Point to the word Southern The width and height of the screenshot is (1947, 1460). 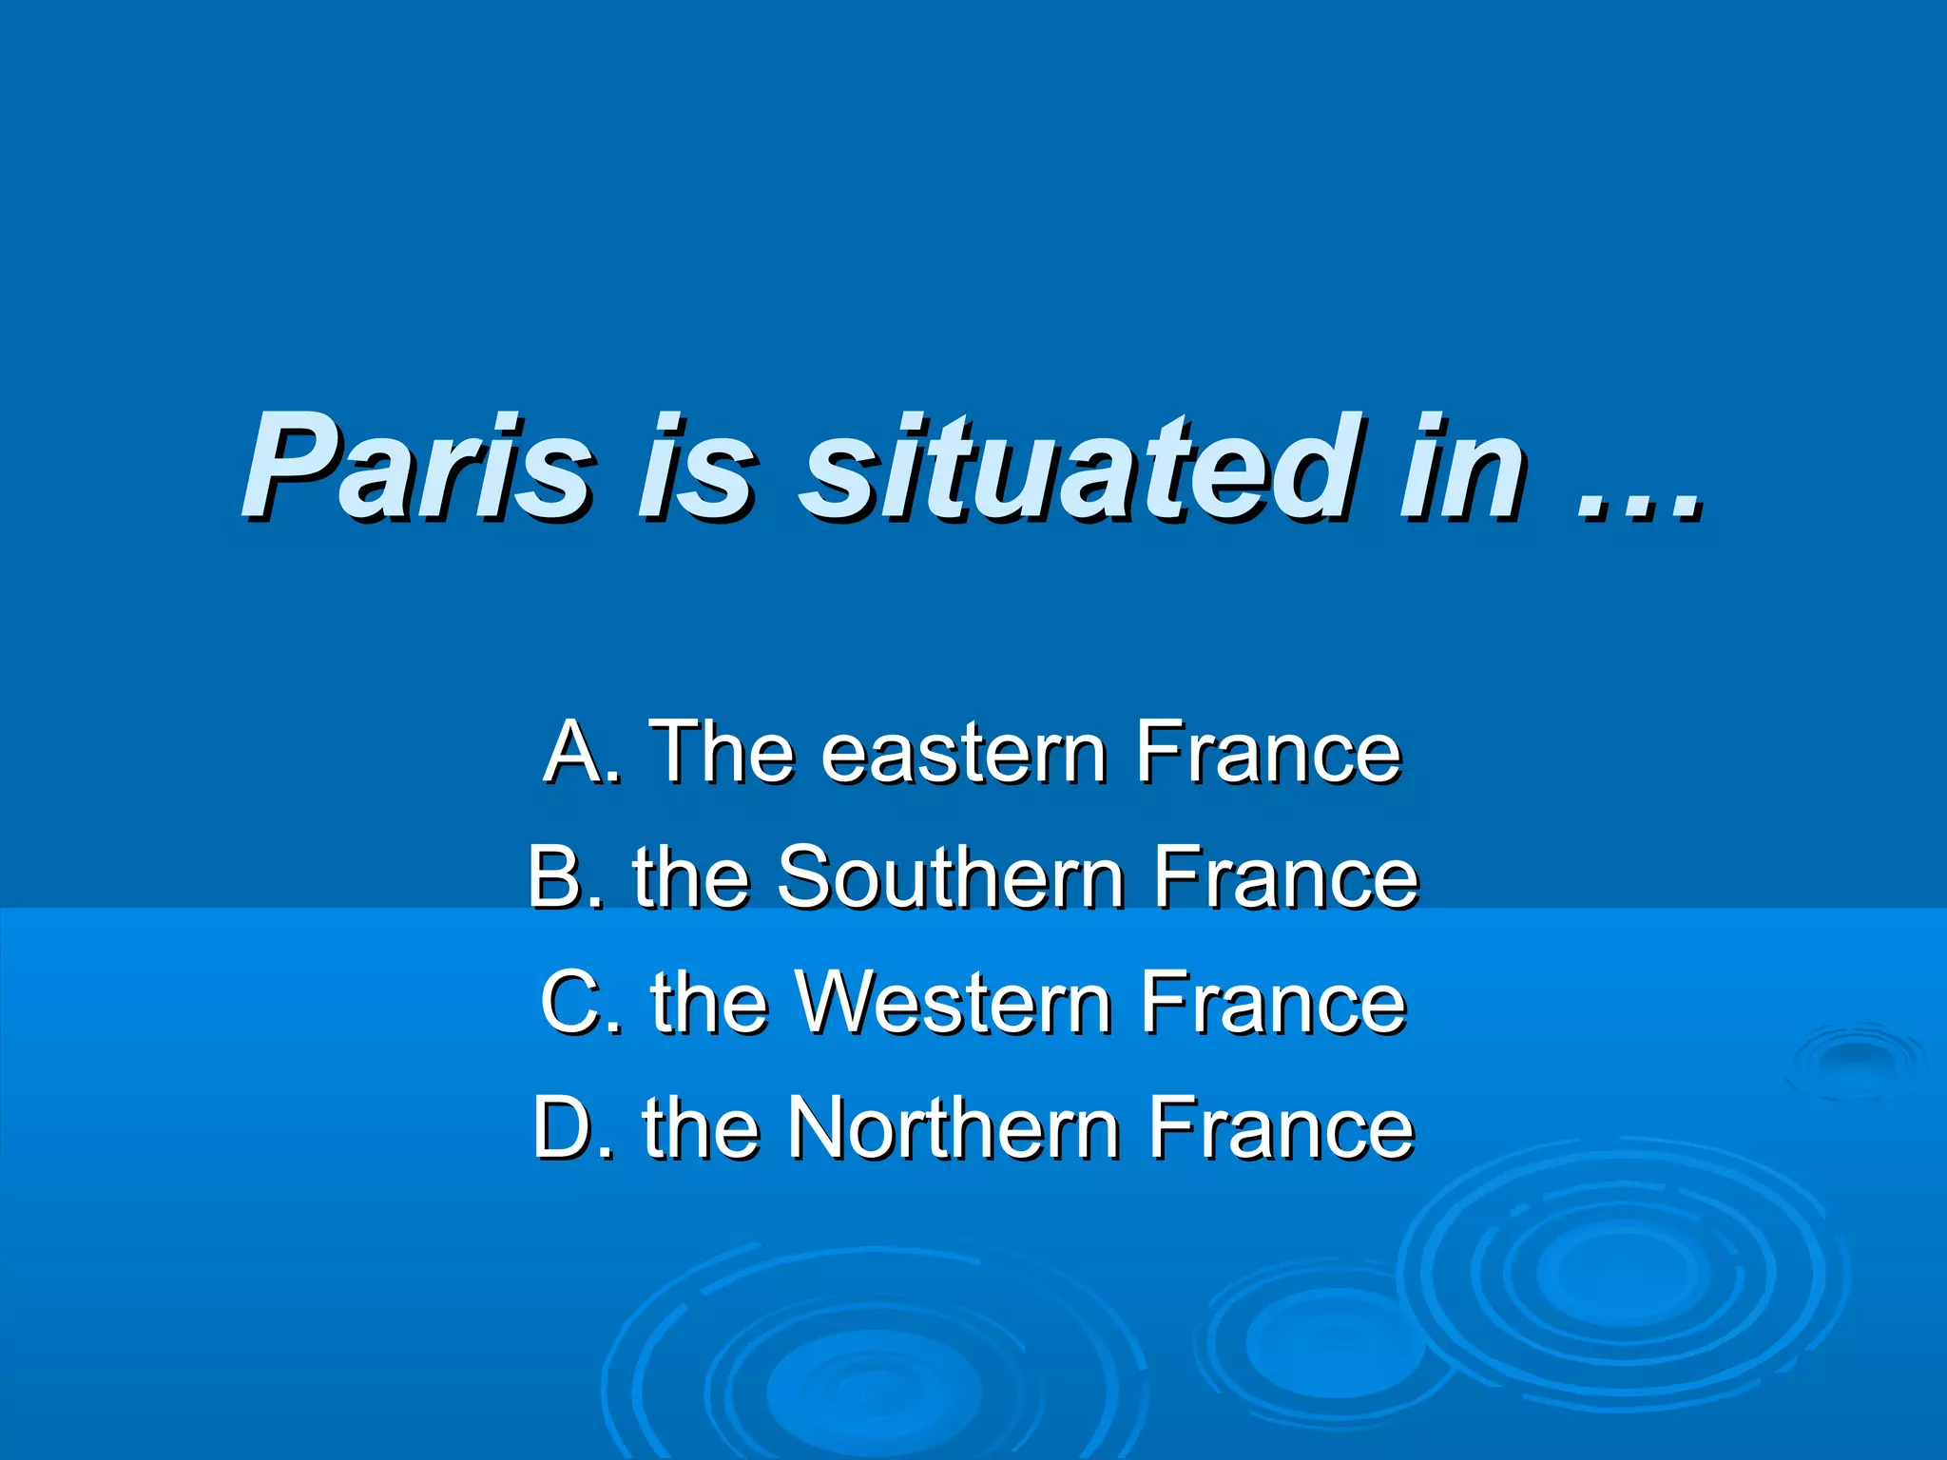point(951,876)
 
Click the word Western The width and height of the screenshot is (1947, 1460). point(954,1002)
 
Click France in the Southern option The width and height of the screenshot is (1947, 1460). point(1285,876)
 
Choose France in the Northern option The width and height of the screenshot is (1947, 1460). point(1281,1127)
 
